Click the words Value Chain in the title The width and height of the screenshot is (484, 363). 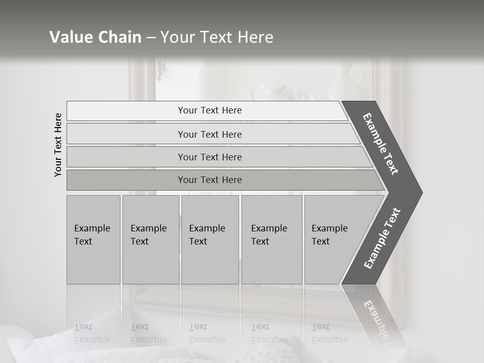point(95,37)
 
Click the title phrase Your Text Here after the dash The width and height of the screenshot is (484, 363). point(217,37)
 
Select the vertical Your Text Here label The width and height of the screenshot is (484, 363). point(58,145)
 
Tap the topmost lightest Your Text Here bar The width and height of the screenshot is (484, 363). point(209,110)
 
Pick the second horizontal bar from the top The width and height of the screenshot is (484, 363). point(209,134)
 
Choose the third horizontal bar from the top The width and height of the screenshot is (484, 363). point(209,157)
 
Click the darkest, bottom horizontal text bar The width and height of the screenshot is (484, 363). point(209,180)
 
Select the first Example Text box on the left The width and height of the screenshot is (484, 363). point(93,239)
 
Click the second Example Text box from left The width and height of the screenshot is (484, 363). point(150,239)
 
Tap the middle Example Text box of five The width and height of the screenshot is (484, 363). point(210,239)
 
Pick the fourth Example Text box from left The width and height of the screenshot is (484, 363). point(271,239)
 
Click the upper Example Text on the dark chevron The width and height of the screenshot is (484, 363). point(381,144)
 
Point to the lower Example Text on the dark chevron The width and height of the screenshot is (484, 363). point(382,238)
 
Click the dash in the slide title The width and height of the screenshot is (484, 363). point(151,38)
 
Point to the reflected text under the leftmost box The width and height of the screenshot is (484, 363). point(92,333)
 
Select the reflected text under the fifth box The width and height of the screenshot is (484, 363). point(330,333)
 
